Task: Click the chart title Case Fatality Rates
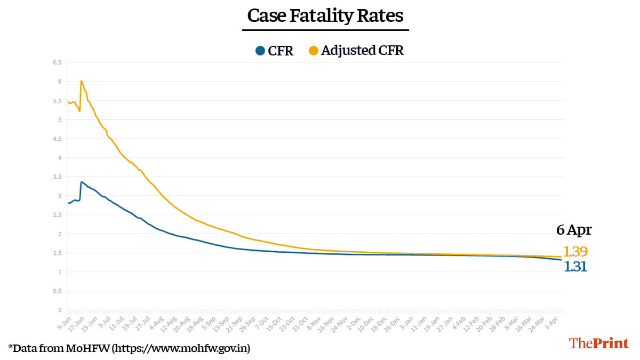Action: (x=325, y=15)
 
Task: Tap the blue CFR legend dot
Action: (x=260, y=51)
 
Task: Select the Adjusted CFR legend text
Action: (x=362, y=51)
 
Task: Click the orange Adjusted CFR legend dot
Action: (x=314, y=51)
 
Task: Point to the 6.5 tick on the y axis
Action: (x=57, y=62)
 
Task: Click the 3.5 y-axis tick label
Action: (x=57, y=177)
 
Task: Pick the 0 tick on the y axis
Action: (x=60, y=310)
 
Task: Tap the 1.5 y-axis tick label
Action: (x=57, y=253)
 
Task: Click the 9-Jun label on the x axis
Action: (x=63, y=321)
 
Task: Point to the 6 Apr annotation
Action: (x=574, y=230)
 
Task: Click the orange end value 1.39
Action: (x=575, y=252)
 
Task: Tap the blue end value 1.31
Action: (x=575, y=267)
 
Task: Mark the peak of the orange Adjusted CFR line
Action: (x=81, y=81)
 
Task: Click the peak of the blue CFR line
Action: (x=82, y=182)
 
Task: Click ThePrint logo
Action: (x=599, y=343)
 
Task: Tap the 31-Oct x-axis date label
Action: (x=302, y=322)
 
